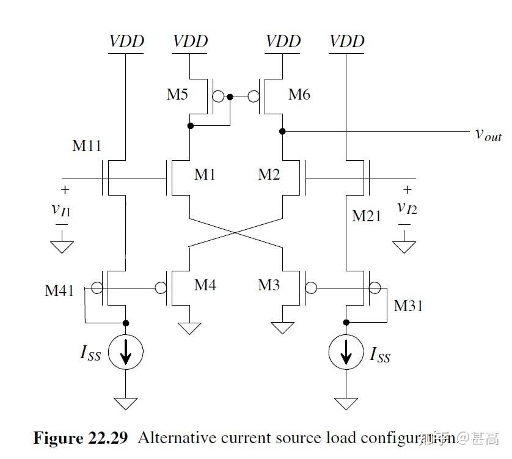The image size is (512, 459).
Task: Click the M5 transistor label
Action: (x=177, y=95)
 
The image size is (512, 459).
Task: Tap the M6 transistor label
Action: (x=299, y=95)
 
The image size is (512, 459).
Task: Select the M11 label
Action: (x=87, y=145)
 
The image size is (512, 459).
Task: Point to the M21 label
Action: (x=367, y=216)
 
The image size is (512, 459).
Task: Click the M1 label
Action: (x=205, y=175)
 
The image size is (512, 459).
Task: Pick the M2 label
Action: (x=269, y=175)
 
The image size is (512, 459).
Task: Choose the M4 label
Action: (x=205, y=285)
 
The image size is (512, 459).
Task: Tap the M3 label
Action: (x=269, y=285)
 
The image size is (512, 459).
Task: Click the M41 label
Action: (x=59, y=290)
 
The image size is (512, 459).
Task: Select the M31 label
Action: (x=409, y=305)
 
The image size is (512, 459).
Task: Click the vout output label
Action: (x=488, y=134)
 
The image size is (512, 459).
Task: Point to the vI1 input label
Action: (x=61, y=210)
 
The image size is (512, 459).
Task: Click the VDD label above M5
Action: (x=191, y=42)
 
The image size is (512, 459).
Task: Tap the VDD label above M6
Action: (x=283, y=42)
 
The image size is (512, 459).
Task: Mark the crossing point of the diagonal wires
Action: (x=236, y=232)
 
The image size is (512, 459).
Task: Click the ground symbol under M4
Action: (x=190, y=328)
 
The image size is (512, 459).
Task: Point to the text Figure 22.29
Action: (x=80, y=438)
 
